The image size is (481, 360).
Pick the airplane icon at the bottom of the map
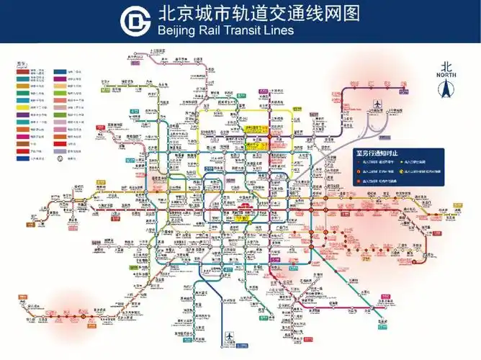tap(230, 336)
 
